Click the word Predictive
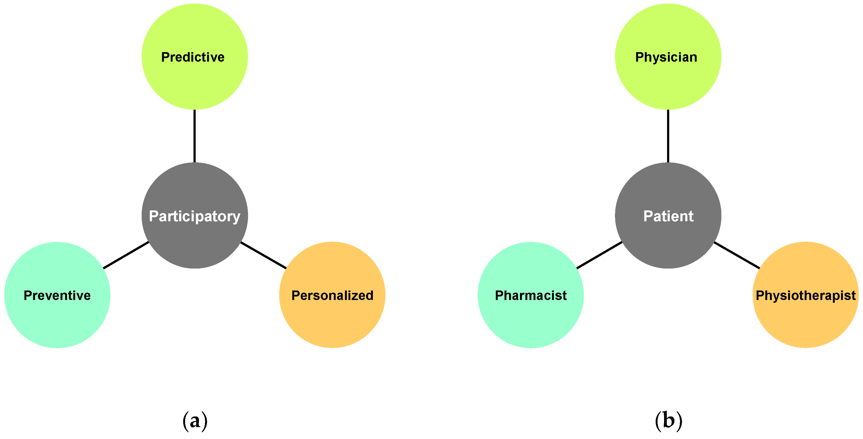pyautogui.click(x=193, y=57)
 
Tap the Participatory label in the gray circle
pyautogui.click(x=195, y=216)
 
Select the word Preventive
pyautogui.click(x=57, y=296)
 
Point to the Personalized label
pyautogui.click(x=332, y=296)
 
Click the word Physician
pyautogui.click(x=666, y=57)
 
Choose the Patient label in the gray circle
pyautogui.click(x=668, y=216)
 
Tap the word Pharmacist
pyautogui.click(x=531, y=296)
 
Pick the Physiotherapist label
pyautogui.click(x=806, y=296)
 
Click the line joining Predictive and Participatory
pyautogui.click(x=195, y=136)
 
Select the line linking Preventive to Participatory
pyautogui.click(x=126, y=255)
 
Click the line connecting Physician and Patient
pyautogui.click(x=668, y=136)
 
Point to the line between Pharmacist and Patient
pyautogui.click(x=599, y=255)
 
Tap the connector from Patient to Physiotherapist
pyautogui.click(x=737, y=255)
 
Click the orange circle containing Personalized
pyautogui.click(x=332, y=322)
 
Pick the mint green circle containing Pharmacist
pyautogui.click(x=531, y=322)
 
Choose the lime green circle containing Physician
pyautogui.click(x=668, y=84)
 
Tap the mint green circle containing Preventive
pyautogui.click(x=57, y=322)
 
